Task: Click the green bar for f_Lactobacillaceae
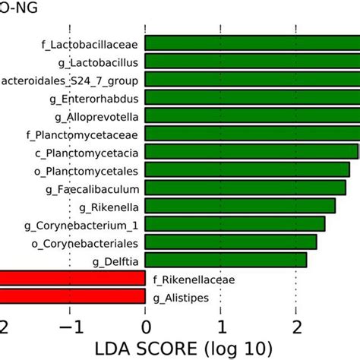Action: [251, 43]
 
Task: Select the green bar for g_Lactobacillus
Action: [251, 62]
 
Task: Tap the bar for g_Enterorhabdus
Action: [251, 97]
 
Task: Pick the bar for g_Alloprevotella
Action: [251, 115]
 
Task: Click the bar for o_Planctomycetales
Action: [247, 169]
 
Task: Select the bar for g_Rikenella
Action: [240, 206]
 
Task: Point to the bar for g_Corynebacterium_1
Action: [235, 224]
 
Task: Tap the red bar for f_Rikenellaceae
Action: [72, 279]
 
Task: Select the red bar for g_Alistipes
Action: [72, 297]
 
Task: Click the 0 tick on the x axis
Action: [145, 327]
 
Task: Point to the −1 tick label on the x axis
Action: [69, 327]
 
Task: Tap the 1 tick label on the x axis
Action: [220, 327]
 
